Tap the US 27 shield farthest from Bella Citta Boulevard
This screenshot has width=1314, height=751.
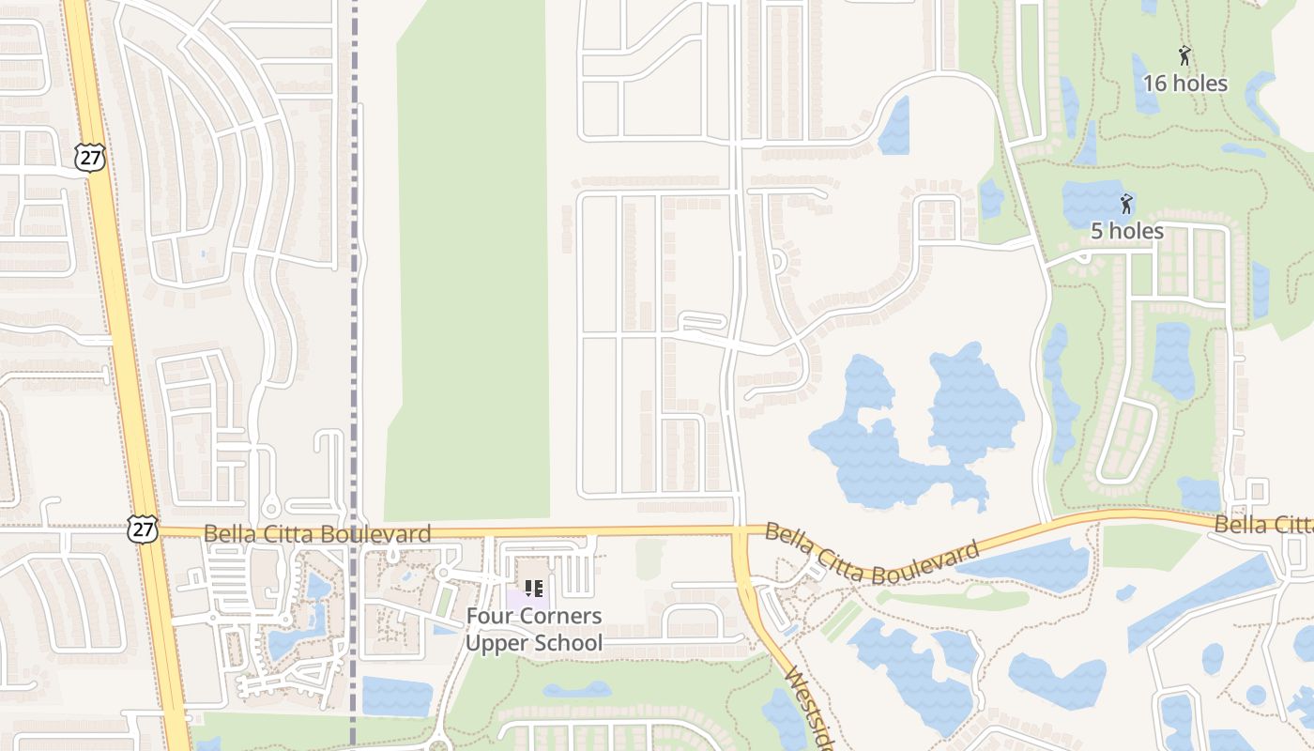click(90, 157)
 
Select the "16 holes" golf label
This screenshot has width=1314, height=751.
click(1184, 84)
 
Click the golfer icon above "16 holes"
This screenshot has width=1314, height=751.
click(1184, 56)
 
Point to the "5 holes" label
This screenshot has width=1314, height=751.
click(1126, 231)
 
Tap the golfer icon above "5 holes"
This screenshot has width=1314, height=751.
click(1126, 203)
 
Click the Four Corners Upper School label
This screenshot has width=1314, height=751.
click(534, 630)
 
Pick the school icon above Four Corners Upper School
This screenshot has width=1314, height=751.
click(534, 590)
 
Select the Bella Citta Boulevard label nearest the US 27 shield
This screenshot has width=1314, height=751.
click(317, 534)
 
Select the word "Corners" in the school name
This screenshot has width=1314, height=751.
click(565, 617)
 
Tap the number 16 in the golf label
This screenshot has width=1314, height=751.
click(1154, 84)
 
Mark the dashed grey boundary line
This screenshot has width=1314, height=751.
click(354, 282)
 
